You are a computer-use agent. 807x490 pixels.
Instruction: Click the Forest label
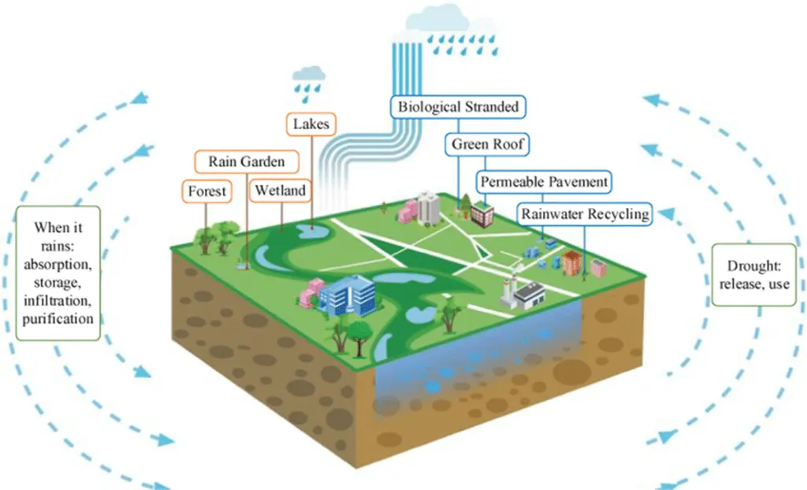click(x=207, y=191)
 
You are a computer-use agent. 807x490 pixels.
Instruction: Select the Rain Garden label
click(x=246, y=162)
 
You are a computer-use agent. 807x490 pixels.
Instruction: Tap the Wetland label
click(x=280, y=191)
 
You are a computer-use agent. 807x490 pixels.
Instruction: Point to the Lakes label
click(x=311, y=124)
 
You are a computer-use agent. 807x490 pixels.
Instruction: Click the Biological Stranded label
click(x=458, y=106)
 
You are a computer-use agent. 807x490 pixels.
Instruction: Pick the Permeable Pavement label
click(x=545, y=182)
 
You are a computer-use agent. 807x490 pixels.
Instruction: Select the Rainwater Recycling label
click(x=586, y=213)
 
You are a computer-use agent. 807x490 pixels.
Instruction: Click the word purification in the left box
click(x=58, y=318)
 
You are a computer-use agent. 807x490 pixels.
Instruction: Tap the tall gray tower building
click(x=428, y=206)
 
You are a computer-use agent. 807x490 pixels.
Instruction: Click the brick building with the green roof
click(x=482, y=213)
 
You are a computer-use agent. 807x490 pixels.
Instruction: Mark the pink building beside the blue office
click(x=313, y=293)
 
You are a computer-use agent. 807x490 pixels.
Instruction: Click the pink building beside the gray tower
click(x=410, y=210)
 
